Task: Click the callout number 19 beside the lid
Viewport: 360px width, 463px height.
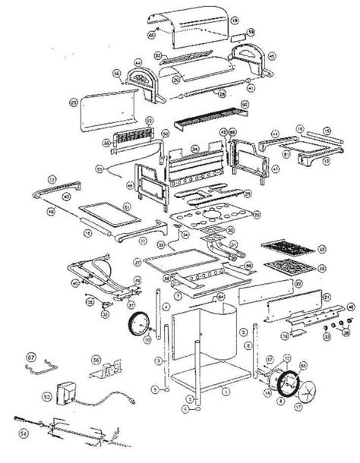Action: point(235,18)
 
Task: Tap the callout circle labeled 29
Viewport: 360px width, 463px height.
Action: point(74,102)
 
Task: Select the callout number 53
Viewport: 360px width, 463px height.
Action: point(46,395)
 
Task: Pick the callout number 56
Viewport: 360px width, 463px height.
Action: point(96,361)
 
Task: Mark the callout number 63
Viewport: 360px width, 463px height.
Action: point(323,247)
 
